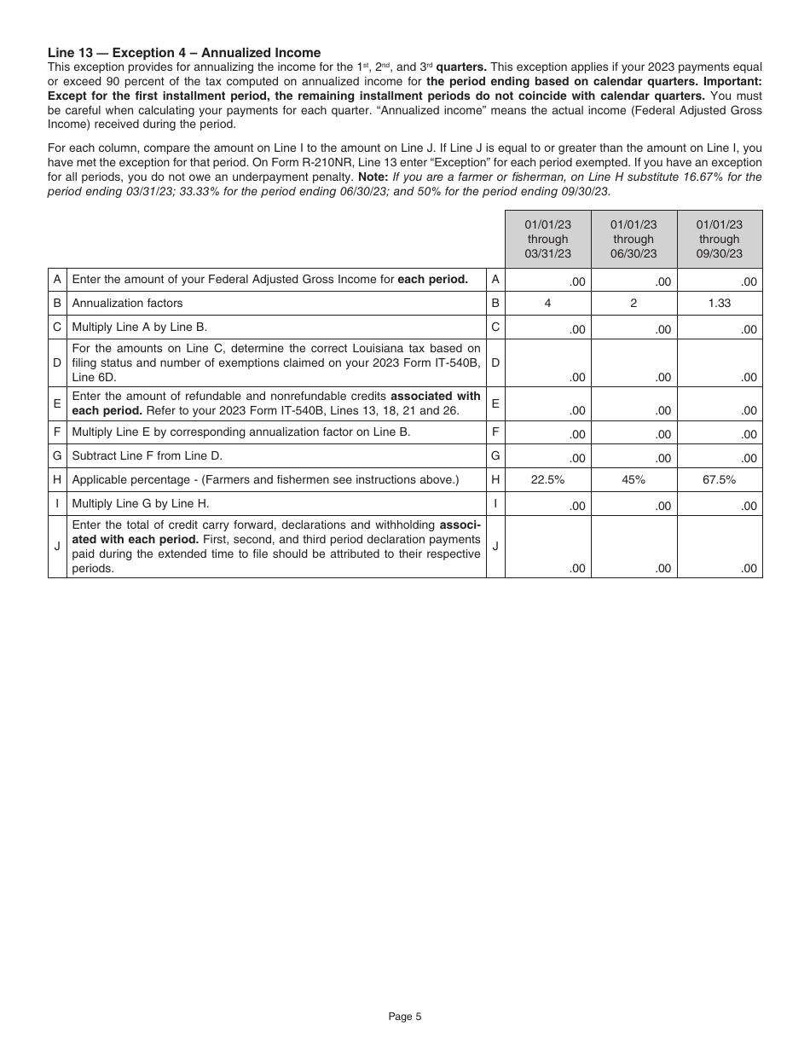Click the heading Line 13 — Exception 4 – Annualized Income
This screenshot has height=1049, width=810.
184,53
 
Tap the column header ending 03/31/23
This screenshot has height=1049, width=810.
547,239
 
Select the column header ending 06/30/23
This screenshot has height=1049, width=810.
634,239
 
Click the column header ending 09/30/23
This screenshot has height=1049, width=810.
720,239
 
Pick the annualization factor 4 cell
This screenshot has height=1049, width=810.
547,303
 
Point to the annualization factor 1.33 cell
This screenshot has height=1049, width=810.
720,303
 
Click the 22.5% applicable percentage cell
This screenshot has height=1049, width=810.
547,480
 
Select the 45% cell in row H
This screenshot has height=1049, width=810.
634,480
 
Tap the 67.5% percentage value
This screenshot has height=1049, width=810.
720,480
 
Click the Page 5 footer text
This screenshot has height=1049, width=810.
405,1016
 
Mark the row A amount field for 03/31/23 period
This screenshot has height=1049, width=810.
547,281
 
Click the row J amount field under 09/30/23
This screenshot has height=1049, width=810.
720,548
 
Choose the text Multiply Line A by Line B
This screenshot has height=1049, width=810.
140,327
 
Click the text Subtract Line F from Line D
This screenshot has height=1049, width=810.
147,455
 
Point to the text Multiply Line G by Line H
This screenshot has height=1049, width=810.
140,503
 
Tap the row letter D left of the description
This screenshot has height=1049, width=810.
57,362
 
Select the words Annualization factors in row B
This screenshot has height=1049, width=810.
127,303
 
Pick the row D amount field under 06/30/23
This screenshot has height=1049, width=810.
634,362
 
